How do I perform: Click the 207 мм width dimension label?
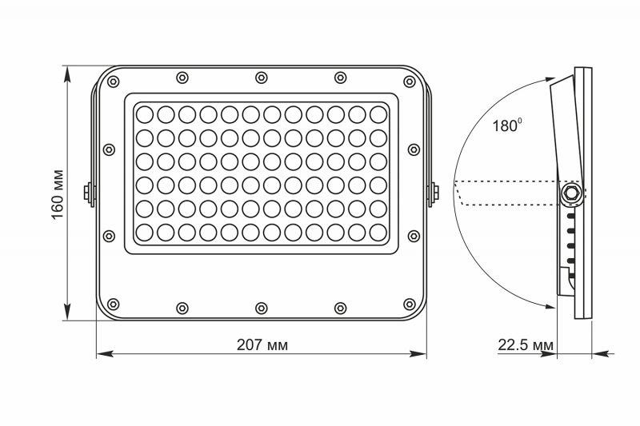coord(262,345)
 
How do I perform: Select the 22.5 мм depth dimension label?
coord(526,345)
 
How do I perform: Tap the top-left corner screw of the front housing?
coord(111,81)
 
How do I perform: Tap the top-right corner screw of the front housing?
coord(412,81)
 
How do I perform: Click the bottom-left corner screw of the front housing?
coord(111,304)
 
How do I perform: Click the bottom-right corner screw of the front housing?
coord(412,304)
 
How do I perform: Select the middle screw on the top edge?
coord(262,77)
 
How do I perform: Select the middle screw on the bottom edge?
coord(262,306)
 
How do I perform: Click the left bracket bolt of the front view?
coord(87,192)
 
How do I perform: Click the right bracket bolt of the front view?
coord(435,192)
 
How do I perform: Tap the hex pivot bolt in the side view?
coord(571,193)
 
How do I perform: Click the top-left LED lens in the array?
coord(145,113)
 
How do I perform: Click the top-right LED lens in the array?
coord(378,113)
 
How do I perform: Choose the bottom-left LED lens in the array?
coord(145,233)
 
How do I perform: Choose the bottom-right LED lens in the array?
coord(378,233)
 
